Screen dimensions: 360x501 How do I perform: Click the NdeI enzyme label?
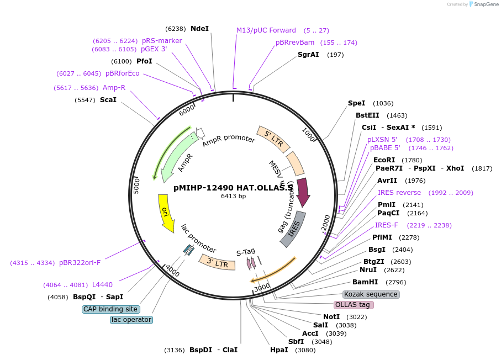coord(199,28)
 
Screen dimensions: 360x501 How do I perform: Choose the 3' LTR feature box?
coord(217,263)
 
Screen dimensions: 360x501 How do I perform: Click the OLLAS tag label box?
coord(354,305)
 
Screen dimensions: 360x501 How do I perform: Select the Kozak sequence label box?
coord(371,294)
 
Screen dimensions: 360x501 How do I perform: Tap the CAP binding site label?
coord(110,309)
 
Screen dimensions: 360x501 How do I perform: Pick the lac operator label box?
coord(131,320)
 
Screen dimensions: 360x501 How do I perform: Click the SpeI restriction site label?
coord(356,103)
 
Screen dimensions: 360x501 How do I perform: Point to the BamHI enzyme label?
coord(365,282)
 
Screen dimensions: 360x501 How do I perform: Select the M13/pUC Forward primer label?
coord(266,30)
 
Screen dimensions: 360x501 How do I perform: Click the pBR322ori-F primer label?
coord(80,263)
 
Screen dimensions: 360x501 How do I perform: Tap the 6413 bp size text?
coord(234,196)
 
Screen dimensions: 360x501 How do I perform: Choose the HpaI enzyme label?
coord(279,350)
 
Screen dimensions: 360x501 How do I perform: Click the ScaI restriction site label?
coord(108,100)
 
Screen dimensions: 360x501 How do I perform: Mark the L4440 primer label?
coord(102,285)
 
